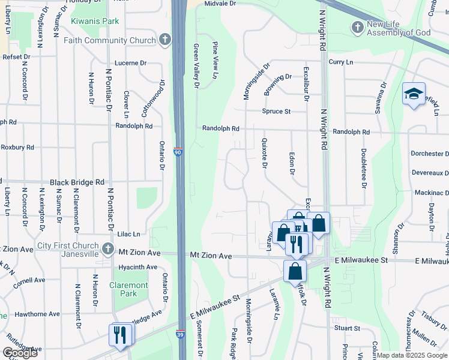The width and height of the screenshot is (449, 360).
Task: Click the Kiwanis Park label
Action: pyautogui.click(x=95, y=21)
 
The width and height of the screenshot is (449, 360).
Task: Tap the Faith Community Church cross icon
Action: pyautogui.click(x=165, y=40)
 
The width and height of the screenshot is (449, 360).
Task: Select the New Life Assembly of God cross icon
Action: pyautogui.click(x=358, y=27)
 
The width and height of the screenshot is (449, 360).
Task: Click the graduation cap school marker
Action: pyautogui.click(x=414, y=94)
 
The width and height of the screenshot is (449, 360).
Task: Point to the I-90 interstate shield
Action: pyautogui.click(x=178, y=152)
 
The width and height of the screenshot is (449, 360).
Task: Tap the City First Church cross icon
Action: pyautogui.click(x=107, y=248)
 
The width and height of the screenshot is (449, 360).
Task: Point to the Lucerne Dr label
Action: pyautogui.click(x=131, y=62)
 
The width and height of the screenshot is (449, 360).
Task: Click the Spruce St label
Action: pyautogui.click(x=276, y=111)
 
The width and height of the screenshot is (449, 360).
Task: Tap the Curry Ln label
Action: pyautogui.click(x=340, y=62)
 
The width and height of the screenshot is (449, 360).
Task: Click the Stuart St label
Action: pyautogui.click(x=347, y=328)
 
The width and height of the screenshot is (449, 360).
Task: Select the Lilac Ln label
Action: pyautogui.click(x=127, y=234)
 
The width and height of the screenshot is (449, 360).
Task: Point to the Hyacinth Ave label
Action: pyautogui.click(x=138, y=266)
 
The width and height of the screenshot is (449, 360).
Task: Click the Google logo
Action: pyautogui.click(x=20, y=353)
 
